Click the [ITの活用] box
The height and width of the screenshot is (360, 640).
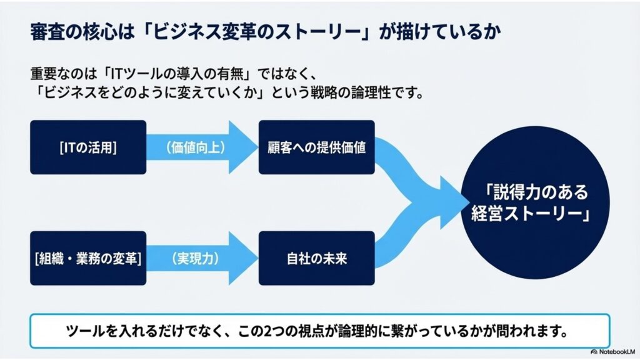87,147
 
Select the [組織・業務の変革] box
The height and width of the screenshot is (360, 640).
87,258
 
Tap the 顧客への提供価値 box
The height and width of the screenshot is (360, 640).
316,147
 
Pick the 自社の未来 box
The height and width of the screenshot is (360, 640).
316,258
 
